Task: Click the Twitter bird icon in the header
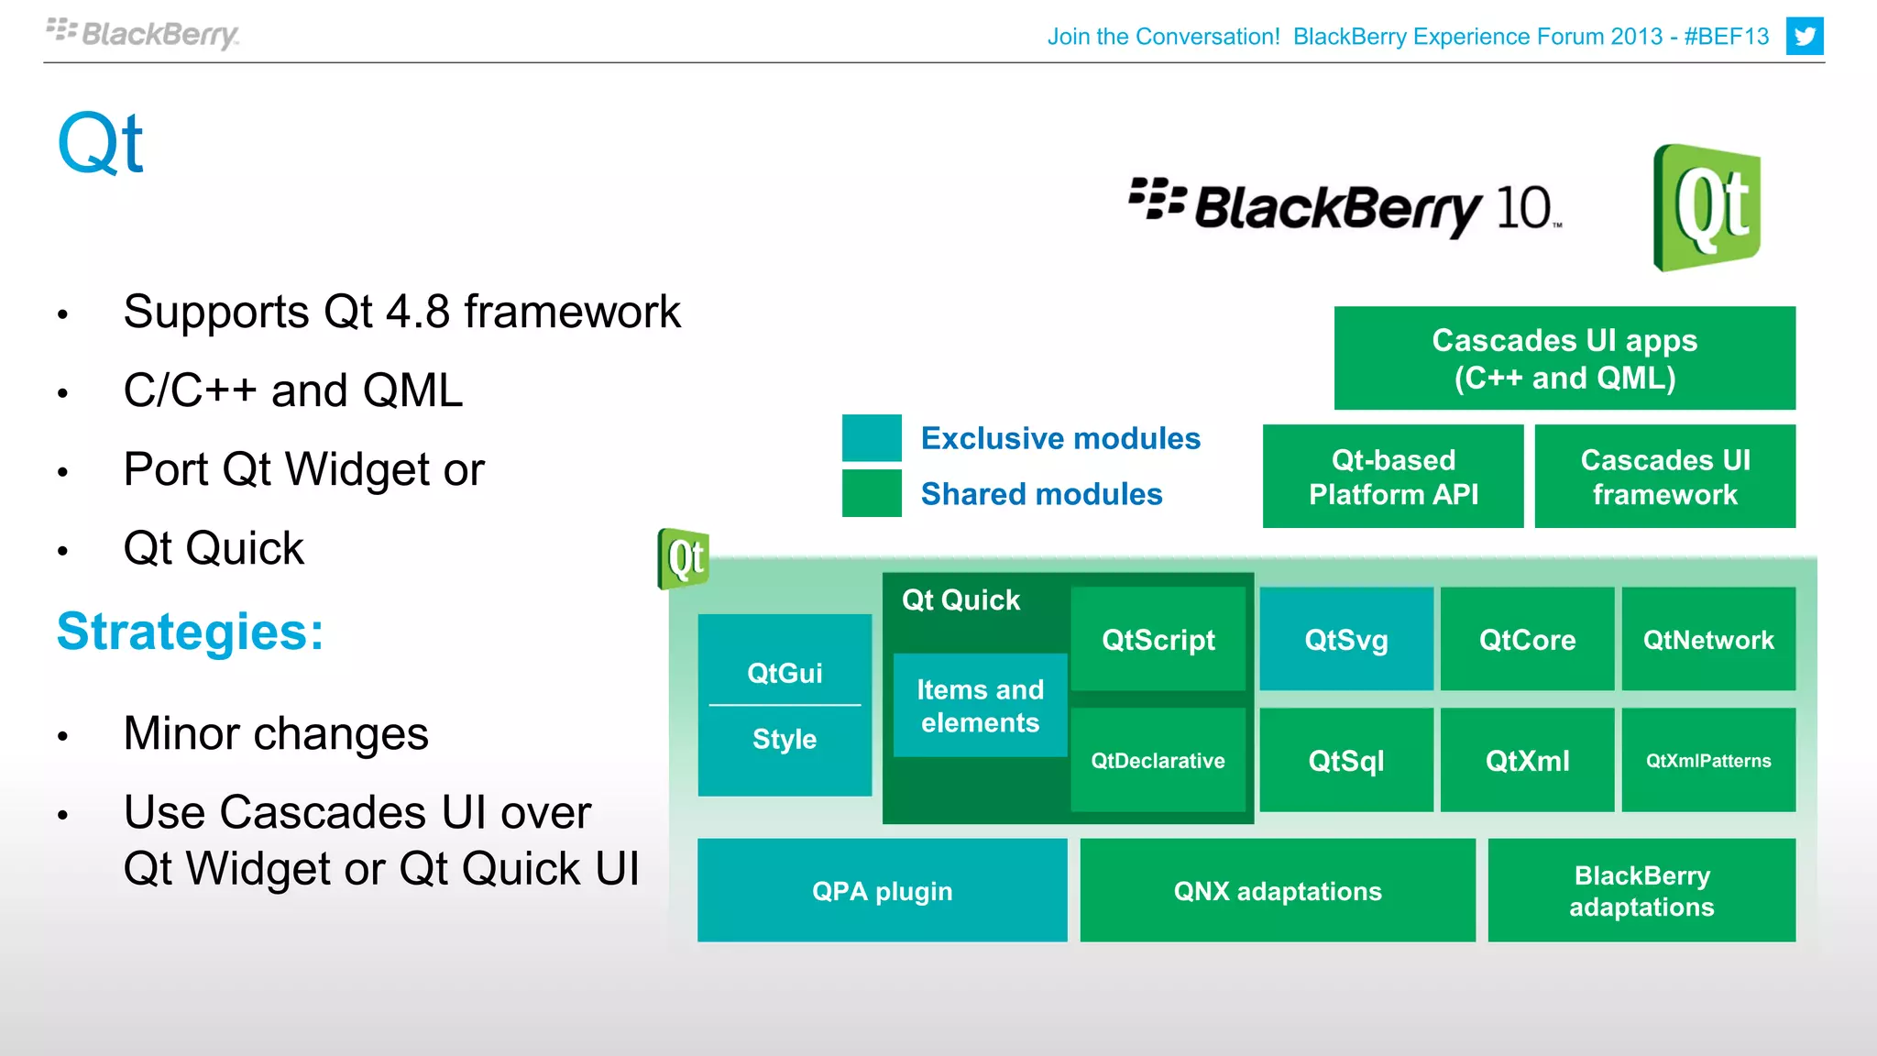click(1804, 37)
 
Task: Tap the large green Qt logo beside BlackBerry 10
click(1707, 207)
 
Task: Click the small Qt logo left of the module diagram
click(684, 558)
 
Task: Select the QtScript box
click(1158, 639)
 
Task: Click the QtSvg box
click(1345, 639)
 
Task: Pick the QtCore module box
click(1527, 639)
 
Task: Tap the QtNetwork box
click(1707, 639)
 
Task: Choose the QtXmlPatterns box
click(1707, 760)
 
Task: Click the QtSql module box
click(1345, 760)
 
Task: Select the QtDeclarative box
click(1158, 760)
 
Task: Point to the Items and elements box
click(980, 705)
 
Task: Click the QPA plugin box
click(882, 890)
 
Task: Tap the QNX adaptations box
click(1277, 890)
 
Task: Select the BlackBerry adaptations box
click(1641, 890)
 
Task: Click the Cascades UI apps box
click(1564, 358)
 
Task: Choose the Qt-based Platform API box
click(1392, 477)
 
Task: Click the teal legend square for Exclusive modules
click(872, 438)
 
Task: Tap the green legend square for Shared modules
click(872, 493)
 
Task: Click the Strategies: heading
click(191, 632)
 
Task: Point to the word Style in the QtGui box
click(784, 739)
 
